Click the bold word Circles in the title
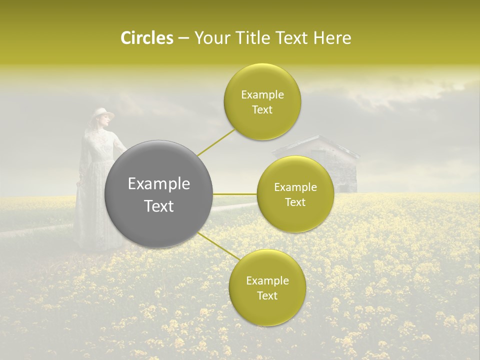pos(146,38)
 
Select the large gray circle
pos(159,194)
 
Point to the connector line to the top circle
pos(216,141)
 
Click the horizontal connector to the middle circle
pos(235,193)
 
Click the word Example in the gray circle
pos(159,183)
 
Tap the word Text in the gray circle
pos(159,206)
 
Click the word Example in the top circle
pos(262,94)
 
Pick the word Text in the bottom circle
pos(267,295)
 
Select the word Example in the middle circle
pos(295,187)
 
